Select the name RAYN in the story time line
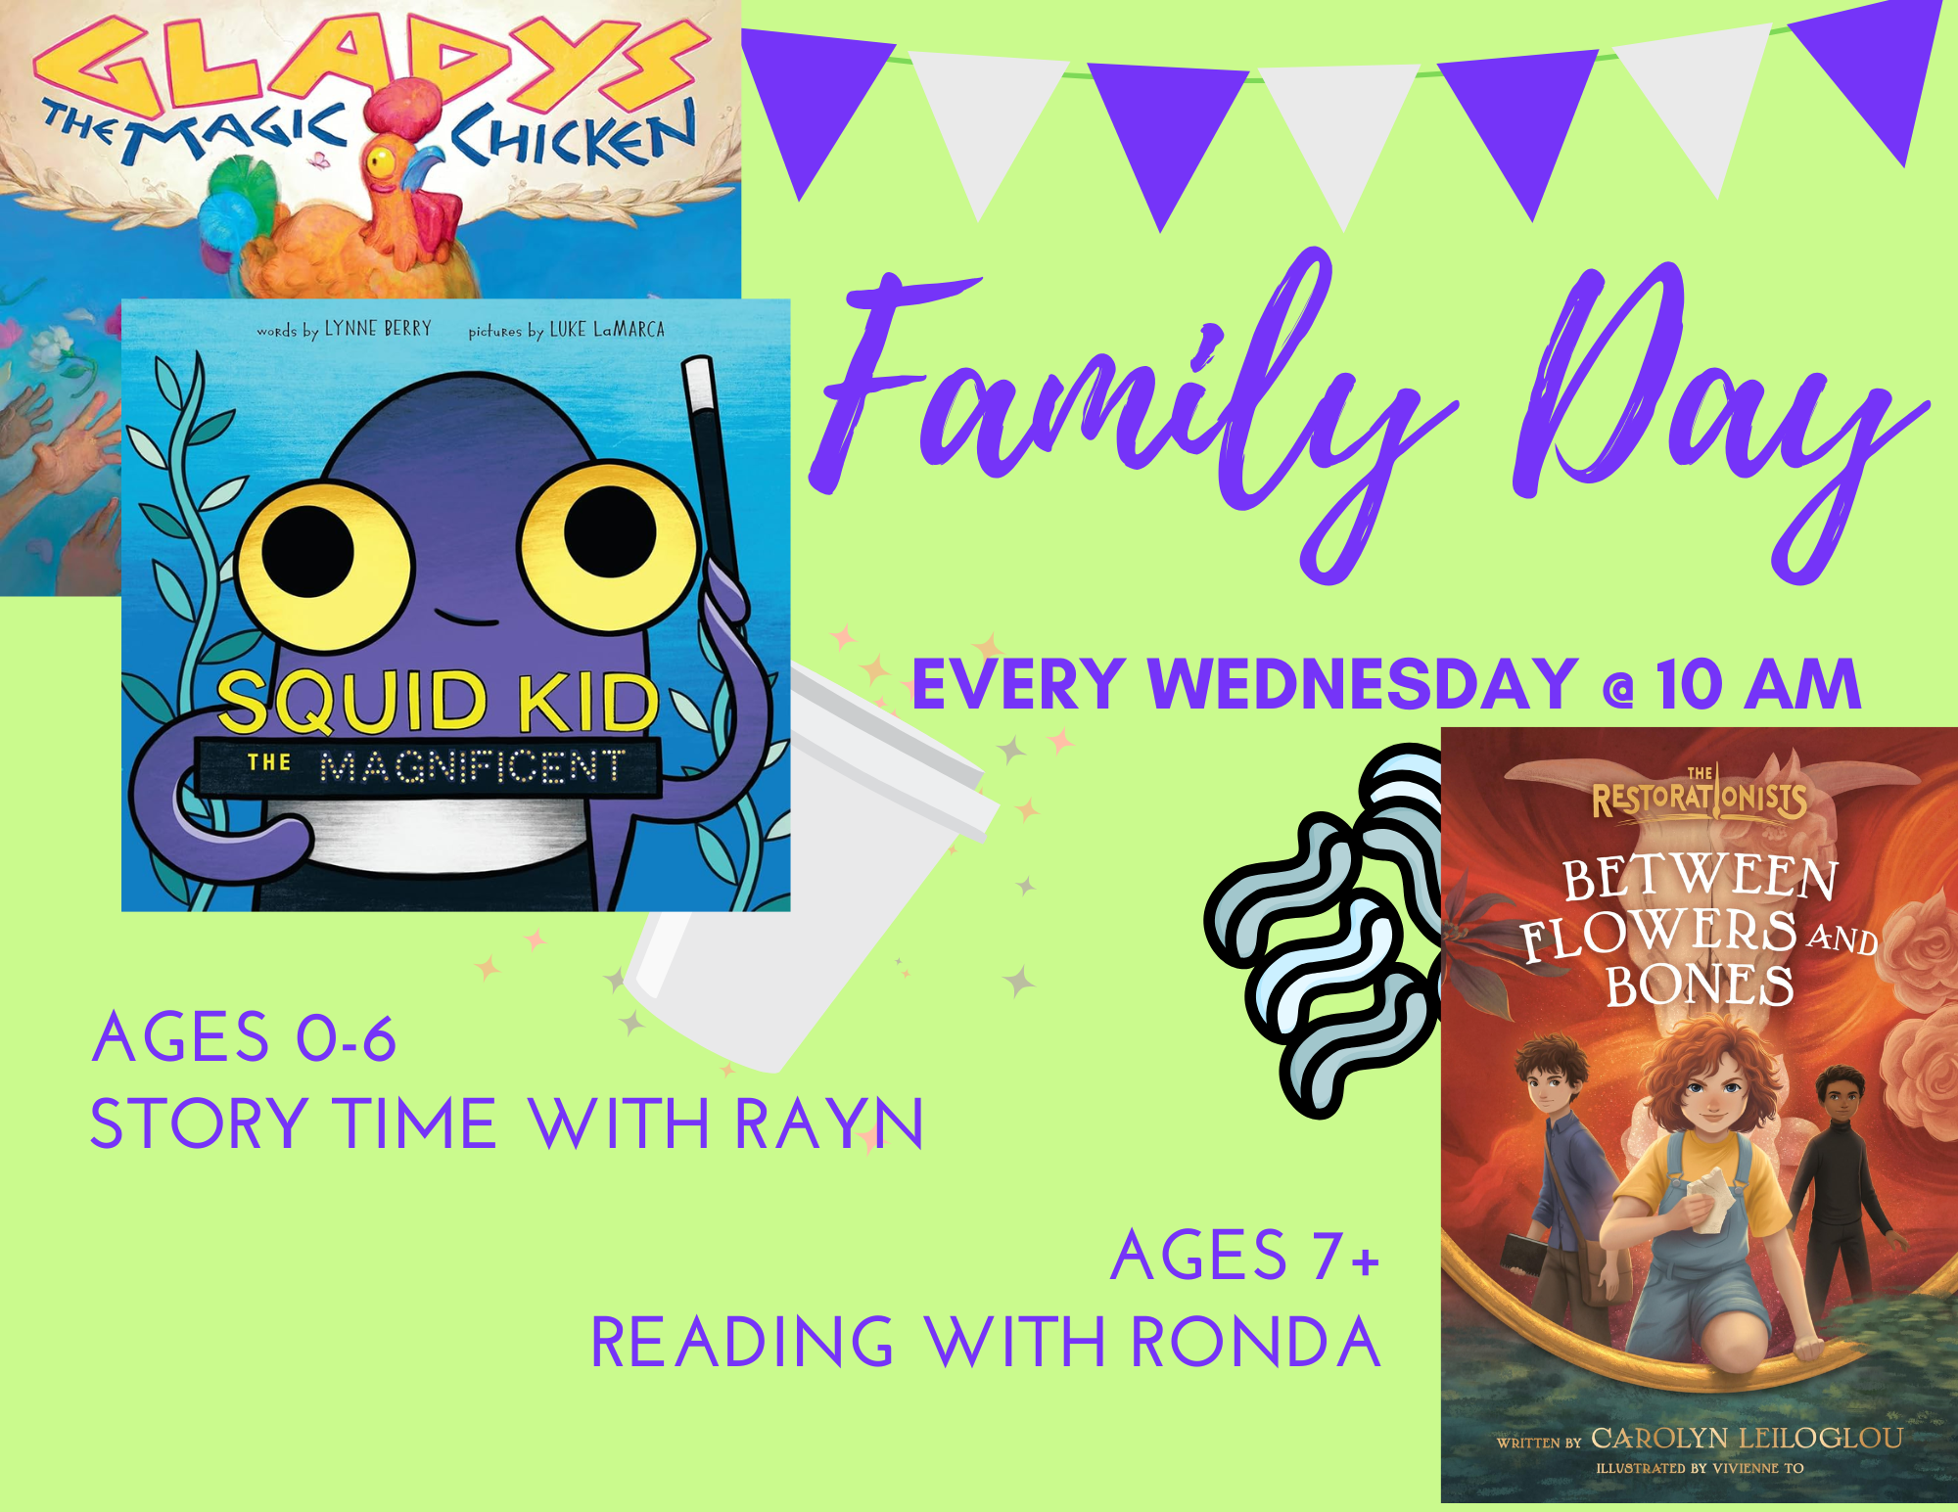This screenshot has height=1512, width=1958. coord(828,1123)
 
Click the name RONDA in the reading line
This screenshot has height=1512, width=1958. coord(1256,1342)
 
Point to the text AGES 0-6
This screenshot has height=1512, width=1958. coord(244,1037)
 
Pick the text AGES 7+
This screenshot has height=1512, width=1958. coord(1245,1255)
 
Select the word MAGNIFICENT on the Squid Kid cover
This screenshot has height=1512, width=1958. coord(472,766)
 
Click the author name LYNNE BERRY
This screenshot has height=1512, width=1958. coord(378,329)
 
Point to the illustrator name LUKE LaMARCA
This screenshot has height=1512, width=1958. coord(607,330)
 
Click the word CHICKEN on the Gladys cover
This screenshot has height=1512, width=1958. coord(573,137)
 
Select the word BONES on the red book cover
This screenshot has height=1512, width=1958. coord(1700,985)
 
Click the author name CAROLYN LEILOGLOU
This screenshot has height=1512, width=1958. coord(1748,1438)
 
